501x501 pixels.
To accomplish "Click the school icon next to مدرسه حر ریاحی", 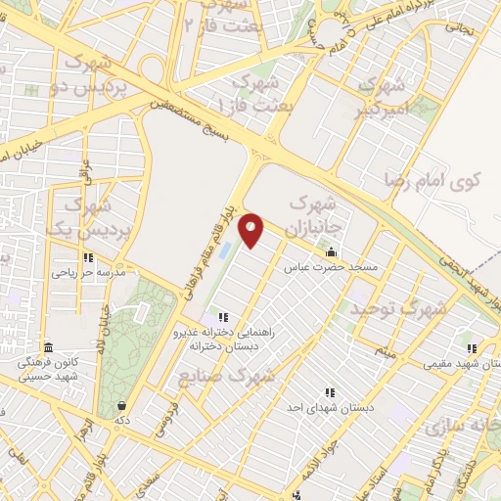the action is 88,258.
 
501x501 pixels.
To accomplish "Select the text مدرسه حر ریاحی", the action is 89,273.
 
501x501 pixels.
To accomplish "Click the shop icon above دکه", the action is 121,405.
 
